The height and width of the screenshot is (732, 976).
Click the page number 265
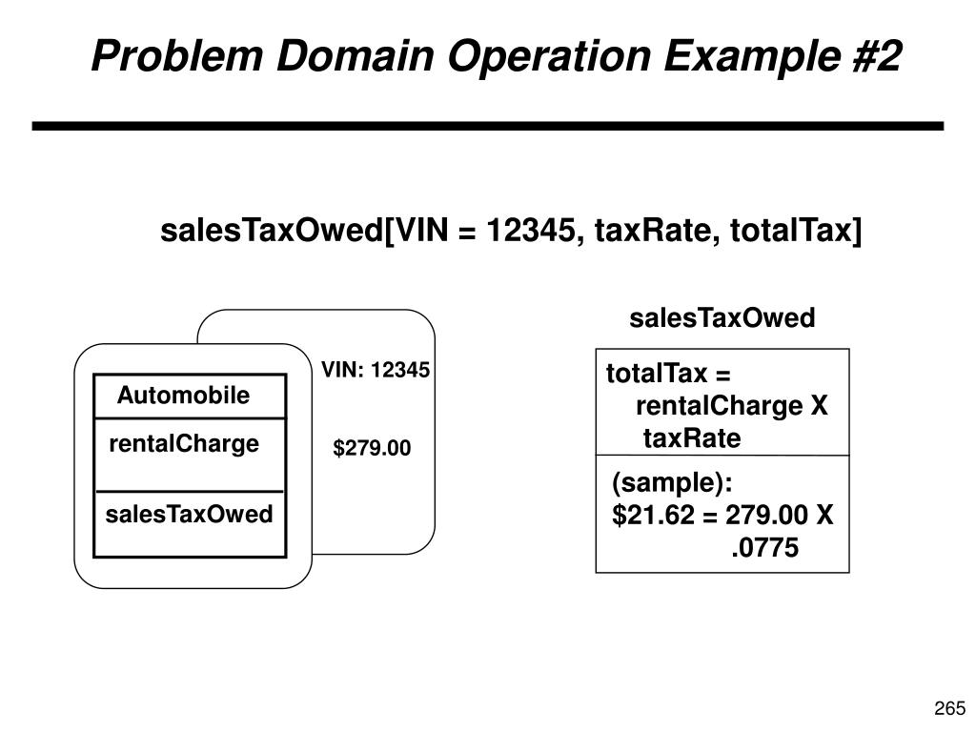(x=950, y=707)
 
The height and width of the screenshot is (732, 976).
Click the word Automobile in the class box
(x=183, y=396)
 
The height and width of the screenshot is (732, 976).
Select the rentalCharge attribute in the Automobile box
(x=184, y=444)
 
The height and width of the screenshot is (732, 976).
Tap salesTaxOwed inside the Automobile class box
(x=189, y=515)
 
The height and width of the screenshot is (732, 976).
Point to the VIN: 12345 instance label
(x=376, y=370)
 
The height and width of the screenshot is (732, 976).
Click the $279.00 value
(x=372, y=447)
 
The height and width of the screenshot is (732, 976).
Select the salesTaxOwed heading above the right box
(x=722, y=318)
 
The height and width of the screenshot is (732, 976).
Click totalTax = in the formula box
(x=668, y=375)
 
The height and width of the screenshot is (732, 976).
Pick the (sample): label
(x=672, y=484)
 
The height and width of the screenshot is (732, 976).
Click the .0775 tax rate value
(x=764, y=549)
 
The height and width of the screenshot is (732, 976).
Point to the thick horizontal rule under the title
(x=487, y=126)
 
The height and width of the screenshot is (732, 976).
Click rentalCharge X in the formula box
(x=731, y=407)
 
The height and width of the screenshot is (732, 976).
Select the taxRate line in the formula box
(x=691, y=438)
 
